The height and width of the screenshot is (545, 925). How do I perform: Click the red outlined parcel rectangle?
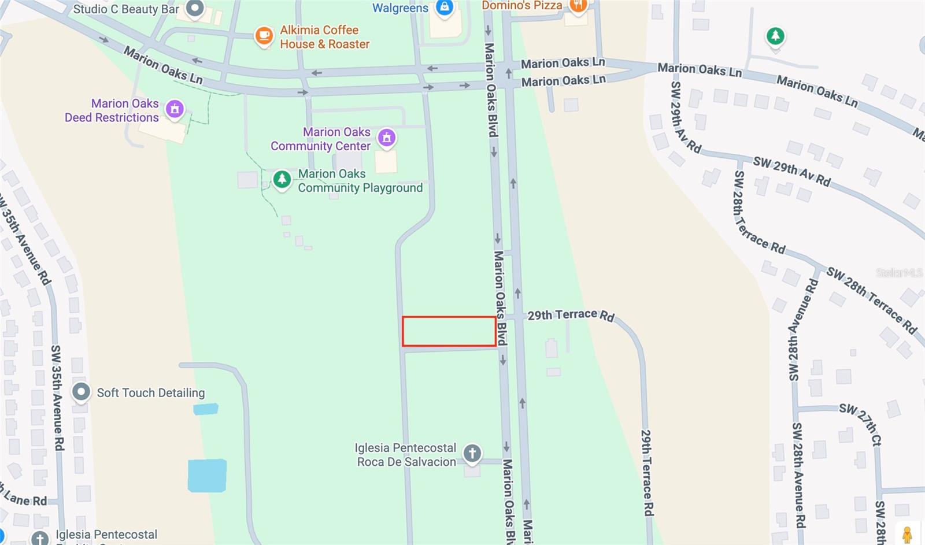click(x=449, y=331)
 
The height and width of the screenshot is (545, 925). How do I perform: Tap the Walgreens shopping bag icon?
click(x=444, y=8)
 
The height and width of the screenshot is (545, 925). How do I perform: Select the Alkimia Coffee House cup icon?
click(x=264, y=36)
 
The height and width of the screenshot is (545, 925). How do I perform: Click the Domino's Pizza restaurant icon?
click(x=578, y=6)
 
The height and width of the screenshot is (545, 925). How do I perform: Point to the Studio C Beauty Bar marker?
click(x=195, y=8)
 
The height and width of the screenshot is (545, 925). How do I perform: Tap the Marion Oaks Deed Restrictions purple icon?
click(x=175, y=109)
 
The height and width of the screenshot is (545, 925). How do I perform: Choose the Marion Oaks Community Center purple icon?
click(x=386, y=138)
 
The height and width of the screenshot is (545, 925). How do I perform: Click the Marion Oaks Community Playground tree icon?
click(x=282, y=179)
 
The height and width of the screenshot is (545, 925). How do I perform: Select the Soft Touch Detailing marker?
click(x=81, y=392)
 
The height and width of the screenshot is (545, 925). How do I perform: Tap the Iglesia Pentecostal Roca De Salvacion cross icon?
click(x=472, y=453)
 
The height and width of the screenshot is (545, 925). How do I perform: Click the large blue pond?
click(x=207, y=476)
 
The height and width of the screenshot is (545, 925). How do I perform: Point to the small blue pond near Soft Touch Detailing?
click(x=206, y=409)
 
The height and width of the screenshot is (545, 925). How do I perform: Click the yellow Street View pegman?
click(x=907, y=534)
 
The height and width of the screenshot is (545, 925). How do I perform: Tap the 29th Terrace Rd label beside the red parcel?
click(x=571, y=315)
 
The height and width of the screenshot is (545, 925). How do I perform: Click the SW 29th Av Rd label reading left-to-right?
click(x=791, y=171)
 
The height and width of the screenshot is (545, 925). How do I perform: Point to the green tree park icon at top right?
click(x=775, y=36)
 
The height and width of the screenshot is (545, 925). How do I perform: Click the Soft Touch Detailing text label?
click(x=151, y=393)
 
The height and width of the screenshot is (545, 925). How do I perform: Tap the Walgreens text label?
click(x=400, y=8)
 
